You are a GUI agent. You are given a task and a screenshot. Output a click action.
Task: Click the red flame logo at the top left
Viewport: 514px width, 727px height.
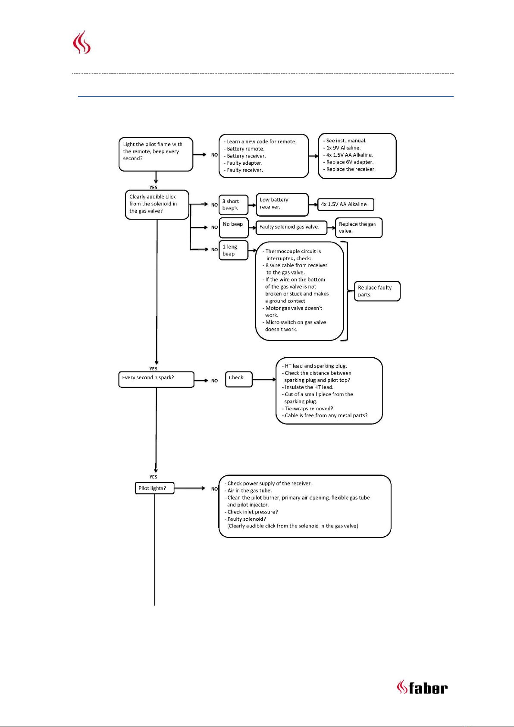(x=82, y=42)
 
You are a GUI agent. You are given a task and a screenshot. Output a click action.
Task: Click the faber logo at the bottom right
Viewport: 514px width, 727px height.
(x=422, y=688)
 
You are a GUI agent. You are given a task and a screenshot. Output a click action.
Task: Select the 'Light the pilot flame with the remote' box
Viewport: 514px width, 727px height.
(x=156, y=154)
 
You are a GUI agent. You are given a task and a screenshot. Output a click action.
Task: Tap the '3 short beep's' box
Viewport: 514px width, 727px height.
(x=233, y=205)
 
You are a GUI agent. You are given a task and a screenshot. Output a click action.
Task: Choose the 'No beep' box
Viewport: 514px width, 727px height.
(x=233, y=227)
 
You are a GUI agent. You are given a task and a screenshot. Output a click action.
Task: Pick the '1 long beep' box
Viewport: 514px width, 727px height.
(x=233, y=250)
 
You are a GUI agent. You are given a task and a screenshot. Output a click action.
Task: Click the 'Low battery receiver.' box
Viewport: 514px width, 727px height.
(x=282, y=205)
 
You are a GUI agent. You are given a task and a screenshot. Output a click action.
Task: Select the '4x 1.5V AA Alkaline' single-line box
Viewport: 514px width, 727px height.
(x=346, y=205)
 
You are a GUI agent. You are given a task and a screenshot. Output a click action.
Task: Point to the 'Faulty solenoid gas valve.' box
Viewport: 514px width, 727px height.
(x=291, y=227)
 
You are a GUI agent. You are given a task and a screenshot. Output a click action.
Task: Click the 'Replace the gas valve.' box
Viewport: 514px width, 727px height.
(x=359, y=227)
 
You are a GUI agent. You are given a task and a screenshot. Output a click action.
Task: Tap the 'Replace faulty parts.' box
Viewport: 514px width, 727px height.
(x=377, y=291)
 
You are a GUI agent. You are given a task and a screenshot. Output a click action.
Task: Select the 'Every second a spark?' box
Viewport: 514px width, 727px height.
(x=156, y=379)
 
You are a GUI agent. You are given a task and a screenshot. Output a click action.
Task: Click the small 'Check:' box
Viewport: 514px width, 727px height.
(x=239, y=379)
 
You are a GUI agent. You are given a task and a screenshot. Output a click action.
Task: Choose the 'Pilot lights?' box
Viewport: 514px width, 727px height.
(x=155, y=488)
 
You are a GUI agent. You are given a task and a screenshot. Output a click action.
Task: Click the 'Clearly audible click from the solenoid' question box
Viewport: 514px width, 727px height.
(x=157, y=205)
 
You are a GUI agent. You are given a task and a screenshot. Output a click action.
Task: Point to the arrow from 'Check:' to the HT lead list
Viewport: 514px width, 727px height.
(x=264, y=379)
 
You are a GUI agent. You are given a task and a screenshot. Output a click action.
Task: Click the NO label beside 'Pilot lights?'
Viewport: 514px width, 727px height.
(x=214, y=489)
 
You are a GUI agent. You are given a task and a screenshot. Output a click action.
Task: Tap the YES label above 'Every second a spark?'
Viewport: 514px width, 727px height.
(x=154, y=369)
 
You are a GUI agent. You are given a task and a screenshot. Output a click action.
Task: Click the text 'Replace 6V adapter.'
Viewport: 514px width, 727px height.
(x=350, y=162)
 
